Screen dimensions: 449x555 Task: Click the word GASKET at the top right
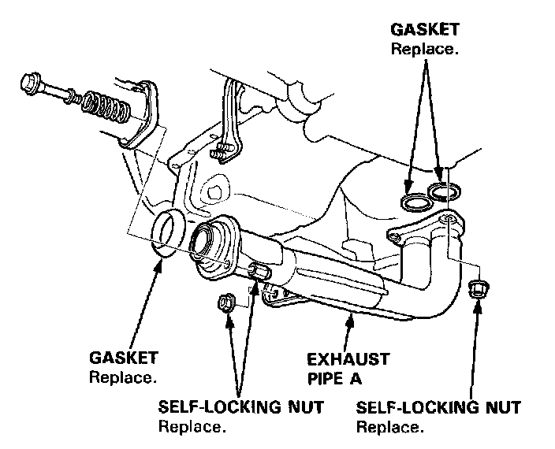[426, 31]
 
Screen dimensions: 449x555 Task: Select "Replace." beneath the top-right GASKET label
[425, 49]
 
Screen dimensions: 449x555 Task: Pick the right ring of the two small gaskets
[445, 191]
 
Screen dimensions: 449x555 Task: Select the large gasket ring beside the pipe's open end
[168, 234]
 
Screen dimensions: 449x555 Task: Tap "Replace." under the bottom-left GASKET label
[122, 377]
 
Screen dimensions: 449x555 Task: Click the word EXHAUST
[348, 360]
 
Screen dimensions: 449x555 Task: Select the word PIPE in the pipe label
[326, 379]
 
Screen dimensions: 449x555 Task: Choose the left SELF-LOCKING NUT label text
[240, 409]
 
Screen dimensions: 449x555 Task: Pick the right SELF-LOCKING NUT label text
[438, 409]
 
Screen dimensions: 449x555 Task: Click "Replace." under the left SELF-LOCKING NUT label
[192, 428]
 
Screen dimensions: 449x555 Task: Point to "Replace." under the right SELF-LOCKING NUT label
[390, 428]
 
